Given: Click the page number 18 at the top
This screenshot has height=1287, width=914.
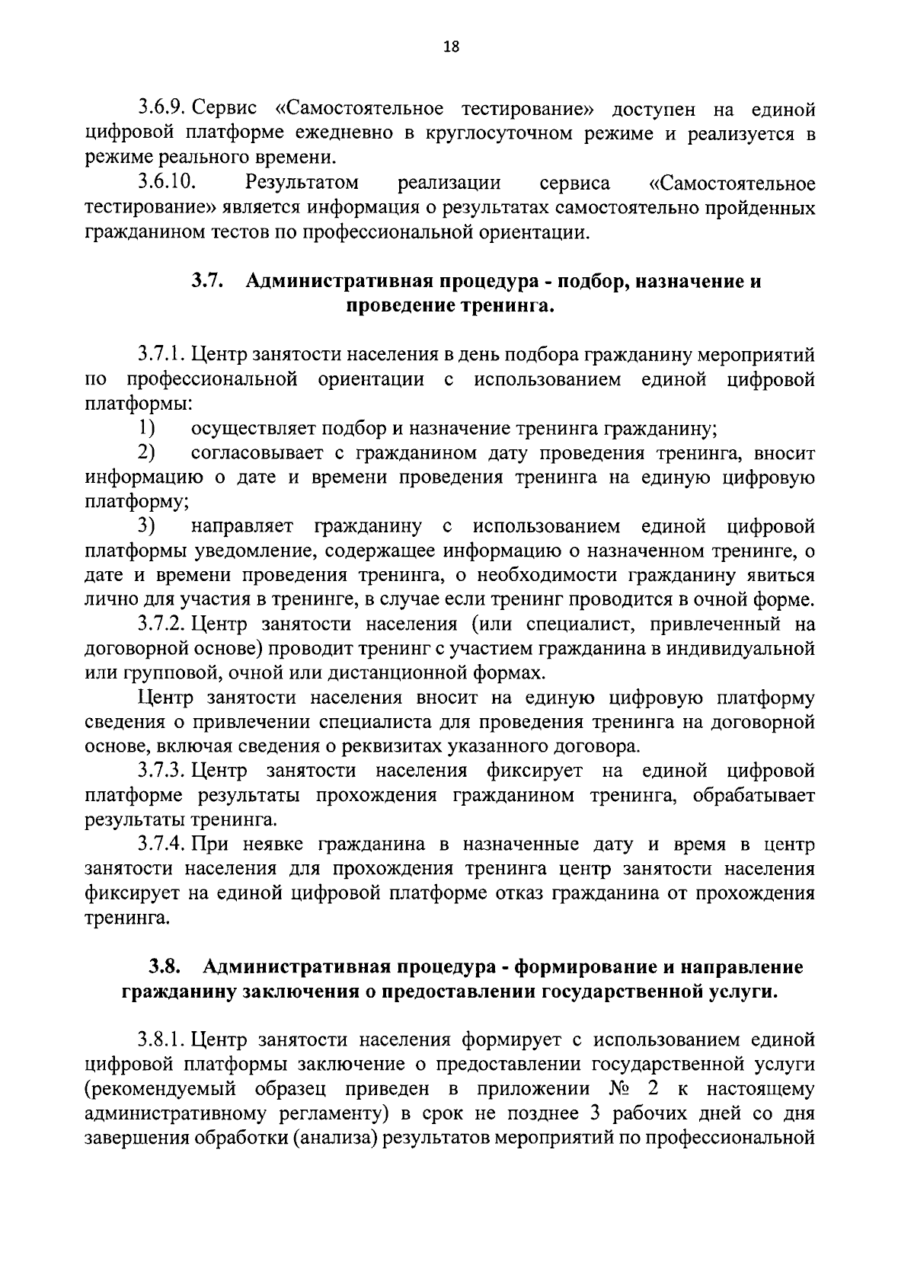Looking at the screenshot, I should (450, 47).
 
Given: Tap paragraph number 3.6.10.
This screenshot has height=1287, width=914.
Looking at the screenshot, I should (168, 184).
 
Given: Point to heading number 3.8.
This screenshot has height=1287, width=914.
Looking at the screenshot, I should (164, 967).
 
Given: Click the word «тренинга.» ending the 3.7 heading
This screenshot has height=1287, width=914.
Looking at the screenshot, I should (513, 306).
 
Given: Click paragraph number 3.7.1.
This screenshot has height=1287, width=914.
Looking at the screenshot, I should (162, 355).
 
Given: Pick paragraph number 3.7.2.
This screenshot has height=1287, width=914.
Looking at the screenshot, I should (162, 624).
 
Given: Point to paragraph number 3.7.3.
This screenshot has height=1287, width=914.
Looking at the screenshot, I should (162, 771).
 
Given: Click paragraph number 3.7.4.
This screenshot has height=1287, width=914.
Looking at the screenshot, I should (162, 845).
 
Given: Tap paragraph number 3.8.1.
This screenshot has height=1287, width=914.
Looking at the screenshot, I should (162, 1040).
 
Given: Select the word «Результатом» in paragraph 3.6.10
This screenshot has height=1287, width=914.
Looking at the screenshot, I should (302, 184).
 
